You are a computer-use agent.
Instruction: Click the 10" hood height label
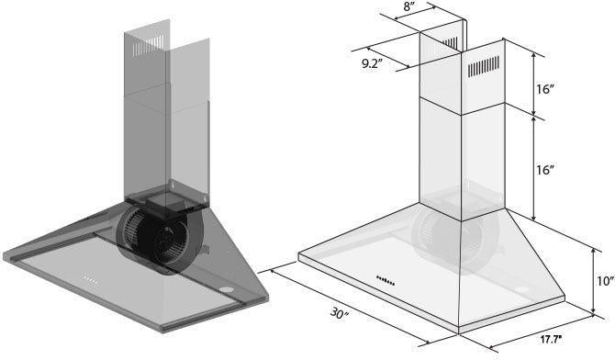(604, 282)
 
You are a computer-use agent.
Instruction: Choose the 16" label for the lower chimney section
(545, 171)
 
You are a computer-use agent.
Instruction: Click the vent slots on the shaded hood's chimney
(157, 45)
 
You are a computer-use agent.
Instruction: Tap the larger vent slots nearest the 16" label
(486, 70)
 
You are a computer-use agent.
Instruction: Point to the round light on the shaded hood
(226, 292)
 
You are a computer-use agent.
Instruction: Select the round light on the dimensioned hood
(523, 292)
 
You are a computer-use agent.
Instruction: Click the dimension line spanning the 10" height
(587, 276)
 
